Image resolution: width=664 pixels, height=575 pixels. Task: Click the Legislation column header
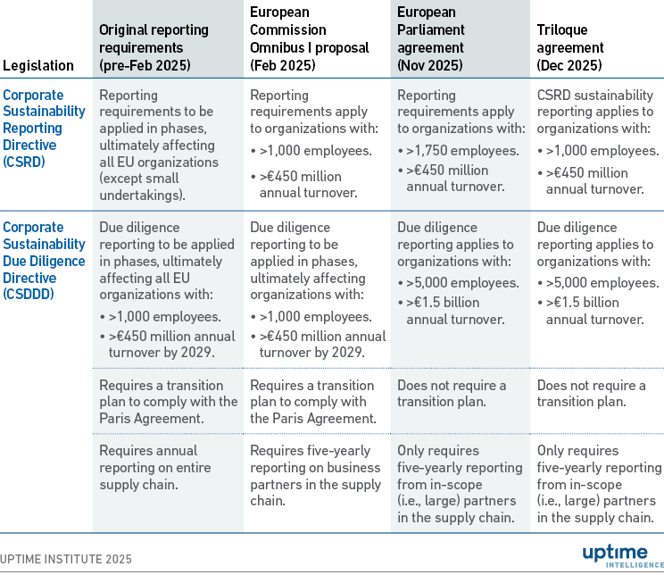pyautogui.click(x=38, y=65)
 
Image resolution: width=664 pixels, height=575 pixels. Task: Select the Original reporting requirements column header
pyautogui.click(x=154, y=47)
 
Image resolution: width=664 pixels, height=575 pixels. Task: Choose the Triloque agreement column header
pyautogui.click(x=570, y=47)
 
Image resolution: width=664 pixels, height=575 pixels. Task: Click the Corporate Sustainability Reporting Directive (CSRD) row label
pyautogui.click(x=44, y=128)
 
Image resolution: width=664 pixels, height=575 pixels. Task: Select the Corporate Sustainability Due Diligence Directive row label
pyautogui.click(x=44, y=261)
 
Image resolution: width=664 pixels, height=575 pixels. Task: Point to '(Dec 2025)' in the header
pyautogui.click(x=569, y=65)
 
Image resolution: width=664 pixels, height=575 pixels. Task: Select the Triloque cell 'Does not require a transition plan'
pyautogui.click(x=591, y=393)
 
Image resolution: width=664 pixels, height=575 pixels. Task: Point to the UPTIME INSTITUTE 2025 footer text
pyautogui.click(x=66, y=559)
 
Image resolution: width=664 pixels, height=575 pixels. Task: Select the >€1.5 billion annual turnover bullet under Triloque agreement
pyautogui.click(x=593, y=311)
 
